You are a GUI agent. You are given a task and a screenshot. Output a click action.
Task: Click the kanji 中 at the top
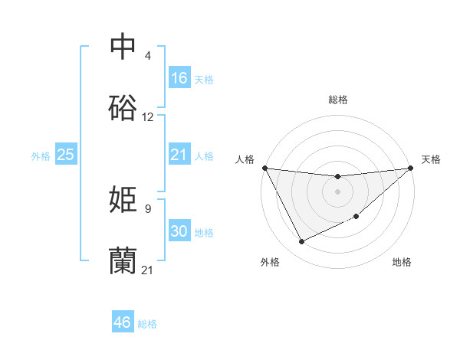[x=123, y=47]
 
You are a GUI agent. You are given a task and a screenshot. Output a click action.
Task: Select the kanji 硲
[x=123, y=109]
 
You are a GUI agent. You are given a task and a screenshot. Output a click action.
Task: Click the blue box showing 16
[x=179, y=78]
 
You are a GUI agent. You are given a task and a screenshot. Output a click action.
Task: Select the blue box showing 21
[x=179, y=155]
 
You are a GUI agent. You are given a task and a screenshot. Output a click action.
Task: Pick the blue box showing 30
[x=179, y=231]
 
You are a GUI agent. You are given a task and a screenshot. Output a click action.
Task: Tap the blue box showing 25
[x=66, y=155]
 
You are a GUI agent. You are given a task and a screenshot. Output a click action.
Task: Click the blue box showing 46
[x=123, y=322]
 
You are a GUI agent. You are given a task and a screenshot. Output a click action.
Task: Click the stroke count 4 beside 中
[x=147, y=56]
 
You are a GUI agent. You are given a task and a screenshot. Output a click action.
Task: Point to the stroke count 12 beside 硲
[x=148, y=117]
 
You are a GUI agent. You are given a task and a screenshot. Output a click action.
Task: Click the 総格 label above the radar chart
[x=338, y=100]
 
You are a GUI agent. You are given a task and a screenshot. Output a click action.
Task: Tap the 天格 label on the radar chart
[x=431, y=159]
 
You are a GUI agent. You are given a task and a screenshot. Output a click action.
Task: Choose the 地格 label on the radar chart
[x=402, y=262]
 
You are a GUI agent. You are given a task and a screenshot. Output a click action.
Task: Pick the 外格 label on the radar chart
[x=270, y=262]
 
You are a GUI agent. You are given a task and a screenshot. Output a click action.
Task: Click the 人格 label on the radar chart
[x=245, y=159]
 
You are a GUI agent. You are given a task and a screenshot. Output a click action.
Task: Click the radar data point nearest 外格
[x=301, y=242]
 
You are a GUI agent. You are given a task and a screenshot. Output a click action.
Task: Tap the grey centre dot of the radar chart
[x=337, y=191]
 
